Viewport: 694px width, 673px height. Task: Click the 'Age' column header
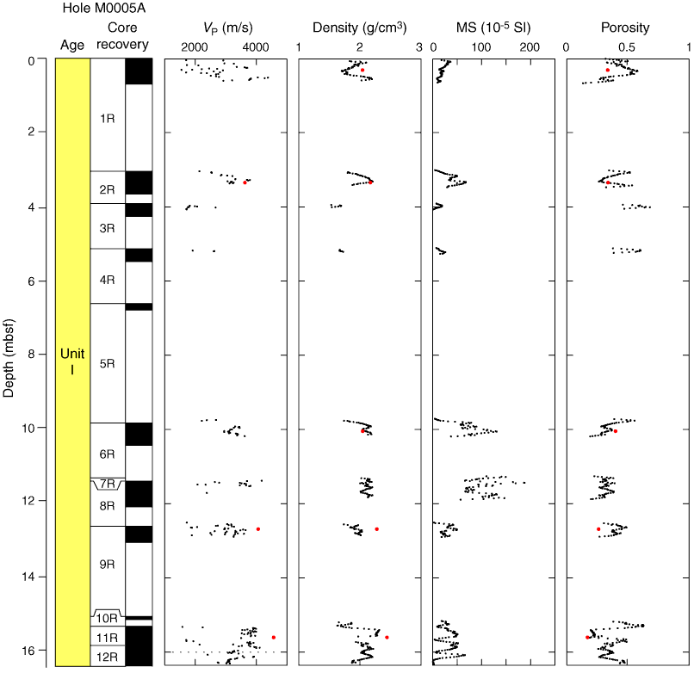tap(72, 45)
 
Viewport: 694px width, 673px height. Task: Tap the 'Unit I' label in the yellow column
tap(72, 361)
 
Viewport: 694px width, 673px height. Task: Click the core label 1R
tap(108, 118)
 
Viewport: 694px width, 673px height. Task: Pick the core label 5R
tap(108, 363)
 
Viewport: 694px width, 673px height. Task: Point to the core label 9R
tap(108, 565)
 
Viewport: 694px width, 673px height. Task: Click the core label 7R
tap(108, 485)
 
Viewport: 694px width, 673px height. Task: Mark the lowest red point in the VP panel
tap(274, 637)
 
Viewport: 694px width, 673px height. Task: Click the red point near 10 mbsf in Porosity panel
tap(616, 431)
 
